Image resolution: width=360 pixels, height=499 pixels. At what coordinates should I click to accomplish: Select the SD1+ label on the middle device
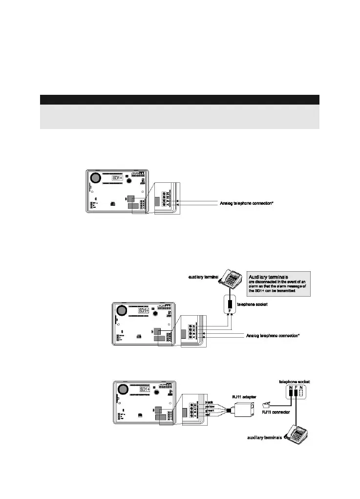pos(145,311)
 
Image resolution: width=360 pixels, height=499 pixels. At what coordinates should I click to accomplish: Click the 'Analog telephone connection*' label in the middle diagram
pos(273,336)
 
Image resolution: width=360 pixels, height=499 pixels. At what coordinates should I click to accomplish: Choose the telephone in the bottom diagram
pos(297,434)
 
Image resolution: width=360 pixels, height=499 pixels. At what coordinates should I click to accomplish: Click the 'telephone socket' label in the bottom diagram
pos(295,381)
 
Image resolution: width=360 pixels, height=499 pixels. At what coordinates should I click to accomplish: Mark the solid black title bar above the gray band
pos(179,100)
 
